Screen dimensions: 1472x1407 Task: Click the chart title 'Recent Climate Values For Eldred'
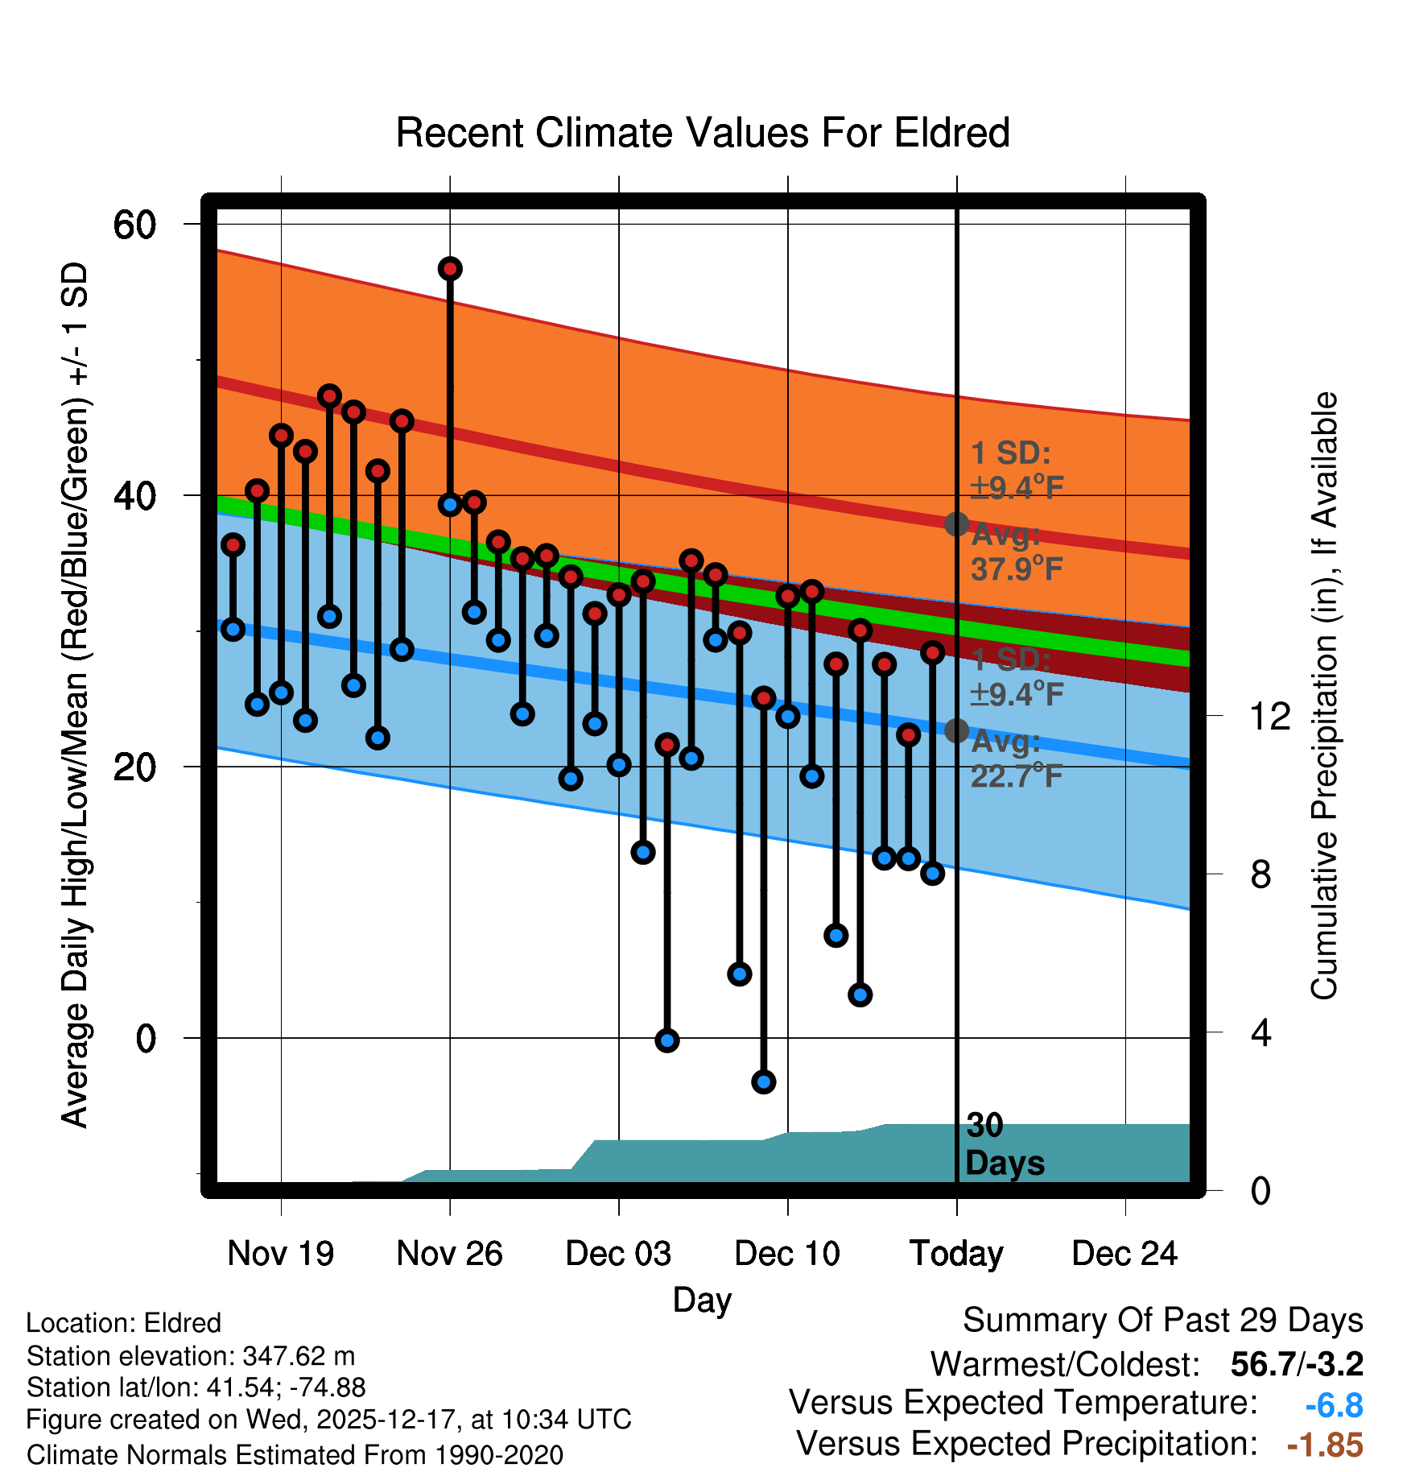click(703, 133)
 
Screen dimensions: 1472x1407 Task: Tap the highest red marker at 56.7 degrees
click(450, 269)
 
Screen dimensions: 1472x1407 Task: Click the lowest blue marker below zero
click(764, 1081)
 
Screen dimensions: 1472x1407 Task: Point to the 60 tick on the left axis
click(134, 225)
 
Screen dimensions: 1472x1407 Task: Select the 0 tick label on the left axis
click(146, 1039)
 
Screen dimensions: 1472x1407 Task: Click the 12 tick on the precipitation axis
click(1270, 716)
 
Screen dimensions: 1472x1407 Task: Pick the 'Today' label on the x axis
click(956, 1254)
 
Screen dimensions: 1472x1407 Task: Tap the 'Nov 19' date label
click(280, 1254)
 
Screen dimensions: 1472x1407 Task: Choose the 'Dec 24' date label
click(1124, 1254)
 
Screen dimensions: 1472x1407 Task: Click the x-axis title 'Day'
click(702, 1300)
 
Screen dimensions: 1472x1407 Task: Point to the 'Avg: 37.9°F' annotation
click(1016, 552)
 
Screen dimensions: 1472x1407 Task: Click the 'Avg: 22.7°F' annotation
click(1016, 759)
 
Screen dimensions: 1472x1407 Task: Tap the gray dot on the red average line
click(956, 524)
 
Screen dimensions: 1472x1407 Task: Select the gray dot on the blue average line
click(956, 730)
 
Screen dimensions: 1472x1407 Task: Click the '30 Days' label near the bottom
click(1004, 1144)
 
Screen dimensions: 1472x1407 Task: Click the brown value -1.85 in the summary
click(1325, 1445)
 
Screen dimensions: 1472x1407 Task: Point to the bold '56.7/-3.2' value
click(1297, 1365)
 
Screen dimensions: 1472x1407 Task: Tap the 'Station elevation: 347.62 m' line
click(191, 1356)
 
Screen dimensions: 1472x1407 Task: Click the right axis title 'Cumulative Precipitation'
click(1324, 697)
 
